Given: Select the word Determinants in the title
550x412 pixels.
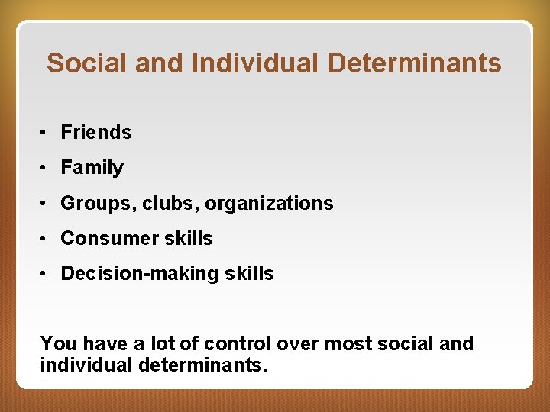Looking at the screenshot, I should click(x=415, y=63).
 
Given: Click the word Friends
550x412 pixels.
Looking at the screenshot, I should click(x=96, y=133).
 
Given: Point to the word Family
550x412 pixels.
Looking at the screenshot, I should click(x=92, y=168).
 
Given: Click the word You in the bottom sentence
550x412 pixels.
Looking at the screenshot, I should click(x=58, y=344).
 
